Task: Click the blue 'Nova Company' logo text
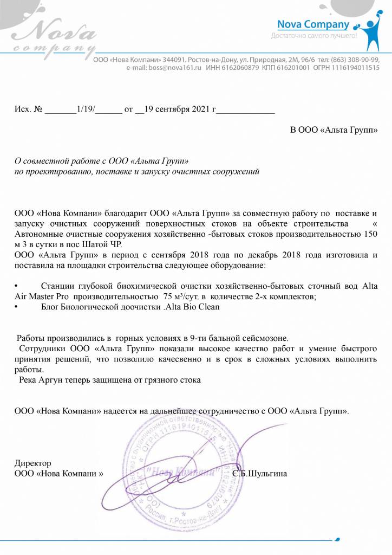(313, 24)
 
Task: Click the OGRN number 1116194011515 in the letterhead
(354, 68)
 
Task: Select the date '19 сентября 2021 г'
(180, 109)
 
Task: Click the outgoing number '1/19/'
(86, 109)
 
